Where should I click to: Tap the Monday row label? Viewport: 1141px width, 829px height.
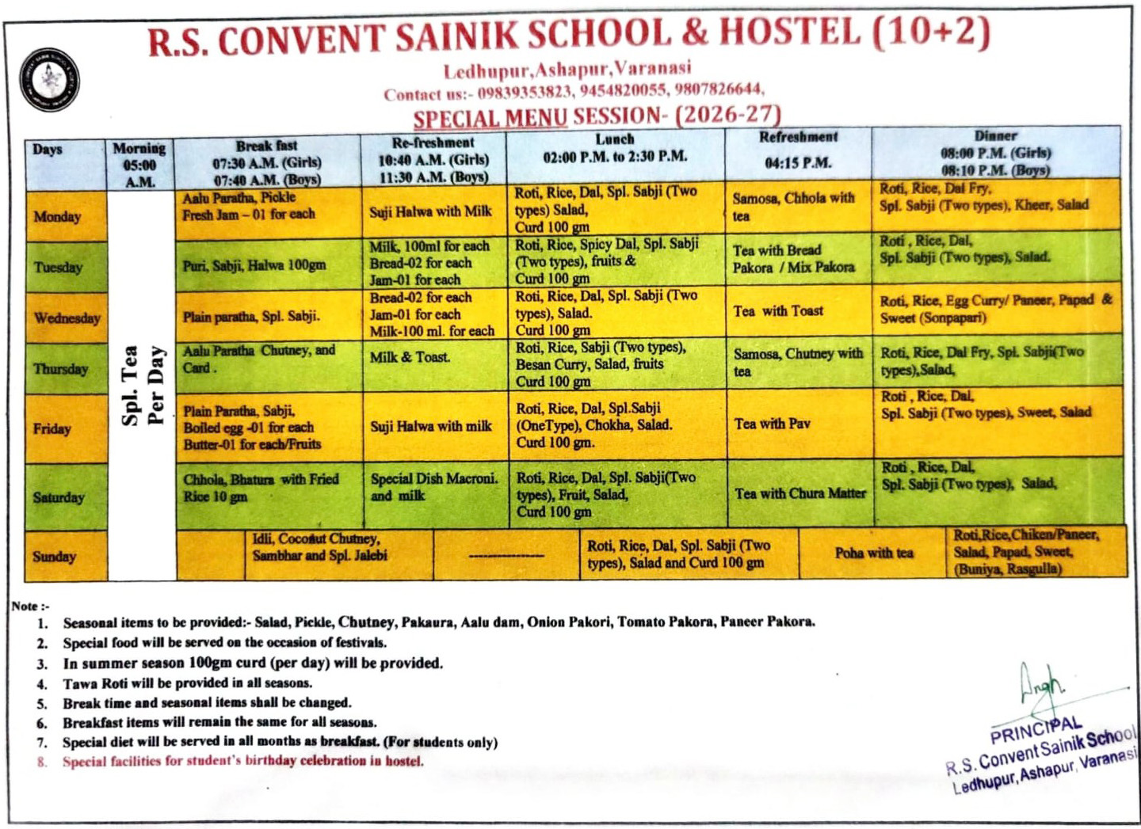point(57,215)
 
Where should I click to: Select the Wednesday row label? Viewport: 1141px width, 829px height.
point(67,318)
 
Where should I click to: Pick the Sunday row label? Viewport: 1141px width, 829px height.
point(54,556)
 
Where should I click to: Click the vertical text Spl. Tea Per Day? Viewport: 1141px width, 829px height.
point(143,385)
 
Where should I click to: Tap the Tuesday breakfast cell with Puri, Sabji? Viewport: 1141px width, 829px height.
point(254,265)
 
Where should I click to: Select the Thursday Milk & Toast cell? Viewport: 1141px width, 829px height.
point(410,357)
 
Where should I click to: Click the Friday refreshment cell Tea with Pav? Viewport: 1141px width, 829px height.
point(773,424)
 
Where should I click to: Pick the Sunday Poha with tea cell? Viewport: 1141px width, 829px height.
point(873,553)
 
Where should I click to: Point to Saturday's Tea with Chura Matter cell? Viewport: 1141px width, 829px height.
point(800,493)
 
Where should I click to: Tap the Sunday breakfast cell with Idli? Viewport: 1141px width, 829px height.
point(320,547)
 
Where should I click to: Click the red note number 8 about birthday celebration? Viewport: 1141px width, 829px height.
point(242,762)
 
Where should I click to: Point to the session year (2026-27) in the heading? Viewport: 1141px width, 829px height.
point(728,115)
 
